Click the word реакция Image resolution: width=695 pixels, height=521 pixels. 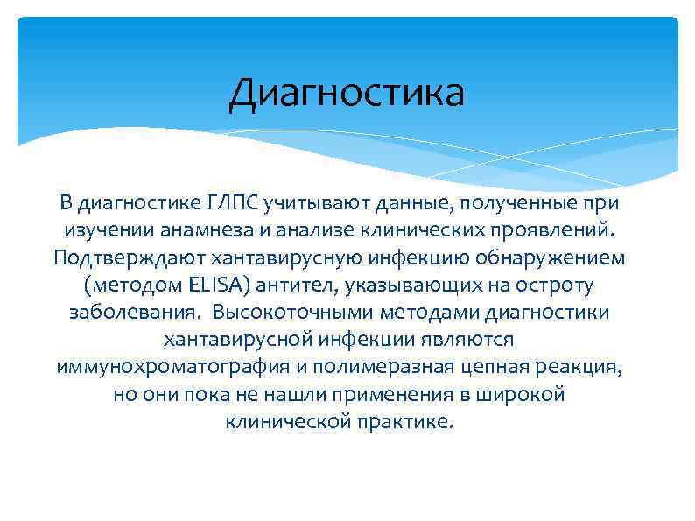[x=579, y=367]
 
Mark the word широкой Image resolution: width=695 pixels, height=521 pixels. [x=522, y=394]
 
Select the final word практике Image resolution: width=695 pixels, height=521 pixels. [x=407, y=421]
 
